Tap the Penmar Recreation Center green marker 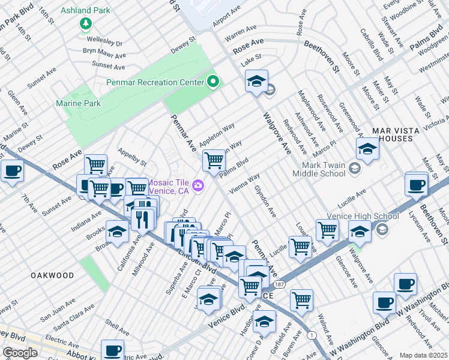point(212,82)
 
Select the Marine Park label point(78,103)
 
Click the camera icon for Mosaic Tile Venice point(197,186)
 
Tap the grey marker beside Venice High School point(382,229)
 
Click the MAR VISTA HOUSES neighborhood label point(393,134)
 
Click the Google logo point(20,353)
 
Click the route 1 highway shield point(310,335)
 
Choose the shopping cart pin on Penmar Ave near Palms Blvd point(214,160)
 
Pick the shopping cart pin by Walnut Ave point(301,299)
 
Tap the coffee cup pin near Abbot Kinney point(112,350)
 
